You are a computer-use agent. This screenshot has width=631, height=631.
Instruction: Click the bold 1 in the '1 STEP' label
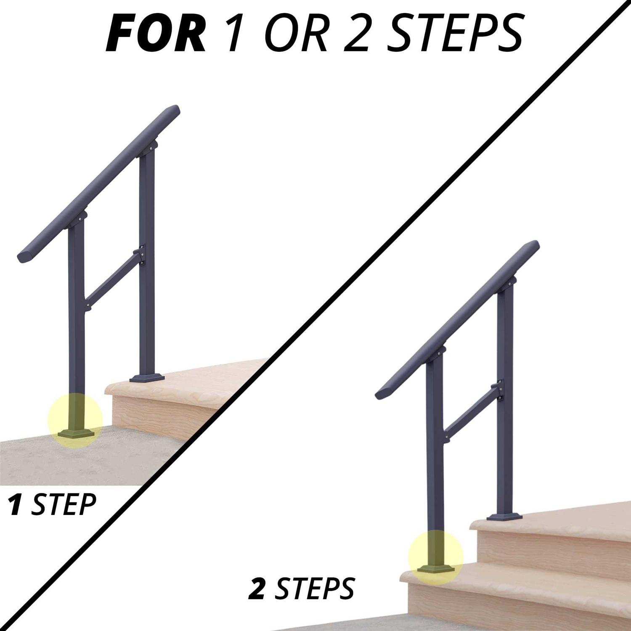[16, 504]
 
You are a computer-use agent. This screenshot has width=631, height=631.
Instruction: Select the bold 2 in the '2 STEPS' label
[257, 589]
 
